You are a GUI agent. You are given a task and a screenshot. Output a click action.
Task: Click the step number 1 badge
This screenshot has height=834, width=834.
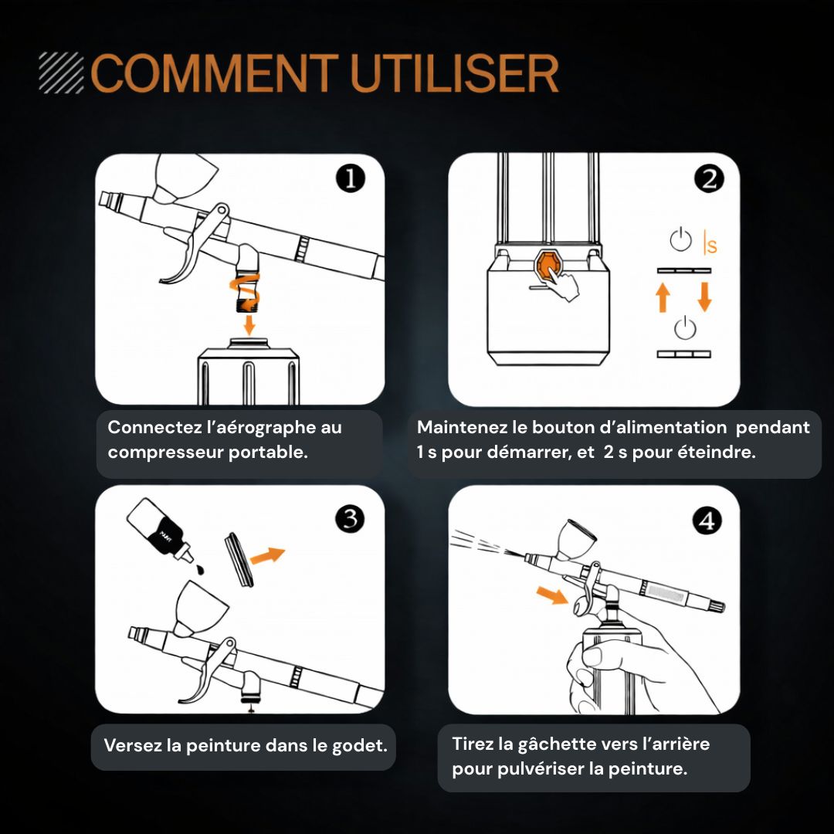pos(351,178)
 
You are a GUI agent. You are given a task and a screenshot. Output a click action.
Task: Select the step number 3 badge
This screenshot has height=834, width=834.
pos(350,518)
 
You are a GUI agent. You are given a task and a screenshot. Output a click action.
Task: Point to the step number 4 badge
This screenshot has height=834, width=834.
pos(707,520)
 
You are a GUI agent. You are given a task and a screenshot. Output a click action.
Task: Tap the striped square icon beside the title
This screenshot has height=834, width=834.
pos(61,73)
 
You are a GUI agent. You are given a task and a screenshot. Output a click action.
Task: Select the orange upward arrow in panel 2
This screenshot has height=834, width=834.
pos(663,297)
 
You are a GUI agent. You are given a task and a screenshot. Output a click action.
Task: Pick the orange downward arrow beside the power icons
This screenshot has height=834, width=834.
pos(705,297)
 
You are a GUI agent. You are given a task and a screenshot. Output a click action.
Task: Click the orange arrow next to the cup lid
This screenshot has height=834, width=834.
pos(267,555)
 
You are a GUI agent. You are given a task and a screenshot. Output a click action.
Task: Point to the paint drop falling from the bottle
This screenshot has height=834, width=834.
pos(201,570)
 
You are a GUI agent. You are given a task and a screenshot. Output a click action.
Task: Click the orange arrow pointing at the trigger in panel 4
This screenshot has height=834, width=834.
pos(552,595)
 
